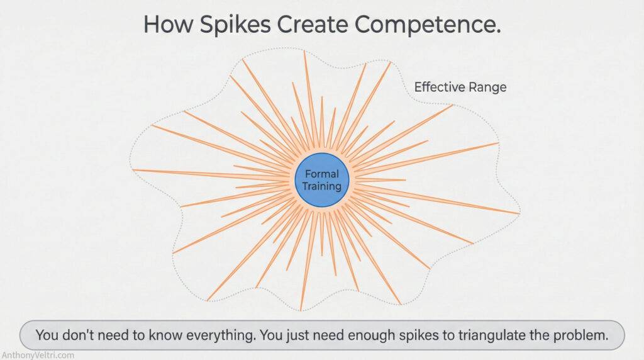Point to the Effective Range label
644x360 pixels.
[x=460, y=87]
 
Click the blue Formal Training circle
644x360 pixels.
[x=321, y=181]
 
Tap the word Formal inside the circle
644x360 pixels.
[x=321, y=174]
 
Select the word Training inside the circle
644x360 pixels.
[x=321, y=186]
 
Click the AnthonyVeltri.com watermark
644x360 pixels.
[x=37, y=355]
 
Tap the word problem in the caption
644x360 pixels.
[x=579, y=335]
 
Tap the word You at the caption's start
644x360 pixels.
[x=47, y=335]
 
